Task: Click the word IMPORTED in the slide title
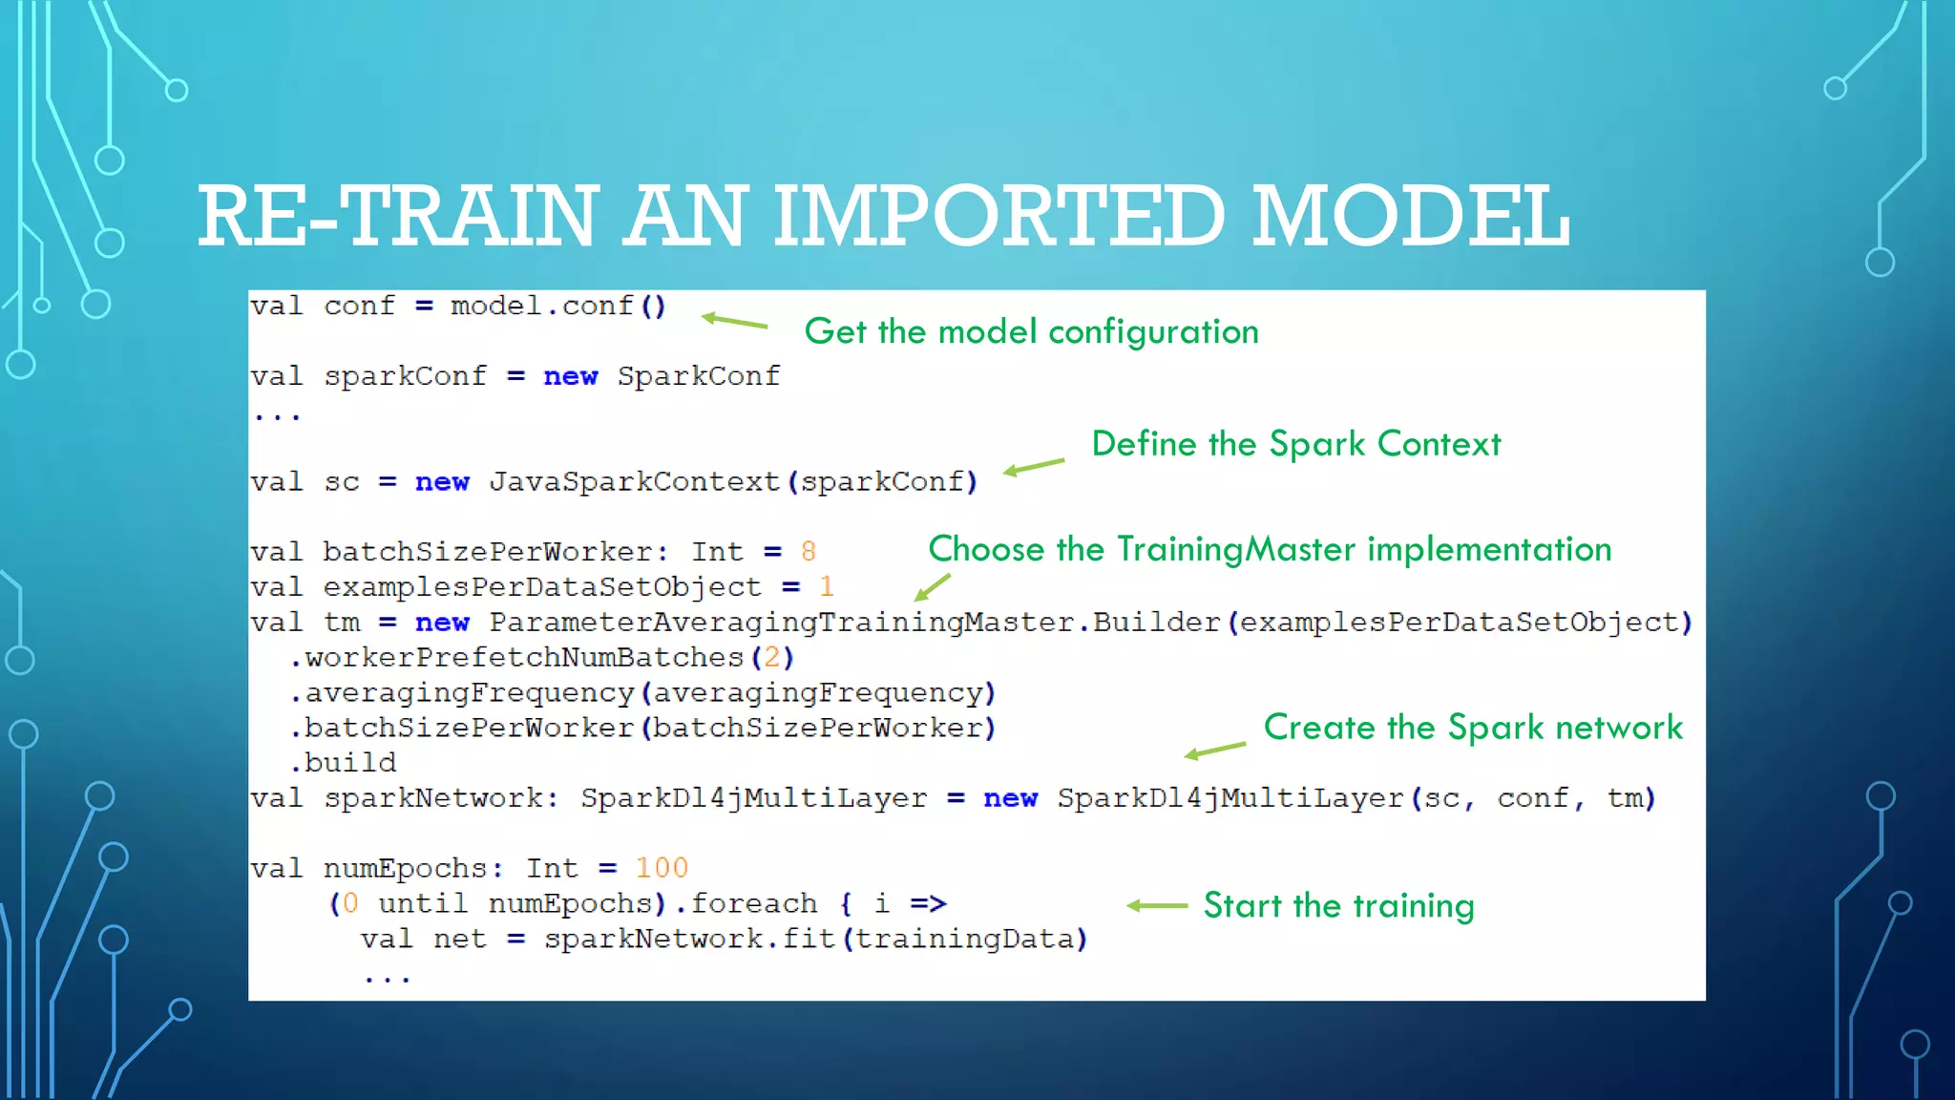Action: (x=999, y=216)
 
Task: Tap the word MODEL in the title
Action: (x=1411, y=216)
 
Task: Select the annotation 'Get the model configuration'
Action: (x=1031, y=331)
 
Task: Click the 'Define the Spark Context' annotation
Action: (x=1295, y=444)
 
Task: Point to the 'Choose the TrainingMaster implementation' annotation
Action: (x=1270, y=549)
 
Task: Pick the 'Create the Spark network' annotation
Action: (x=1473, y=728)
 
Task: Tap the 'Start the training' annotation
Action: (x=1338, y=905)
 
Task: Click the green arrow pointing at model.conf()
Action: (x=734, y=322)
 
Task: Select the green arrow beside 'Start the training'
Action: (x=1157, y=905)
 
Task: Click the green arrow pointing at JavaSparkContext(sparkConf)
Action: (x=1034, y=467)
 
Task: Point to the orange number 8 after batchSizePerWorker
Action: (x=809, y=552)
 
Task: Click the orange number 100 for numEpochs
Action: (x=661, y=868)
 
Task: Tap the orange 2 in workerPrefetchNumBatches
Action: (x=771, y=658)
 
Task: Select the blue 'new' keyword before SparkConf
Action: (x=570, y=377)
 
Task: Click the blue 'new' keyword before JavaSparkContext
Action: (x=442, y=482)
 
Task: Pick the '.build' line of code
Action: (x=344, y=763)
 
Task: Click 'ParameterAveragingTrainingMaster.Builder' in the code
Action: (x=854, y=623)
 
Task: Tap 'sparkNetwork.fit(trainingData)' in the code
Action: (x=816, y=940)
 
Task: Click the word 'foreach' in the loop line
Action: (x=754, y=903)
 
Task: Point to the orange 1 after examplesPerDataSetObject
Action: (x=827, y=586)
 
